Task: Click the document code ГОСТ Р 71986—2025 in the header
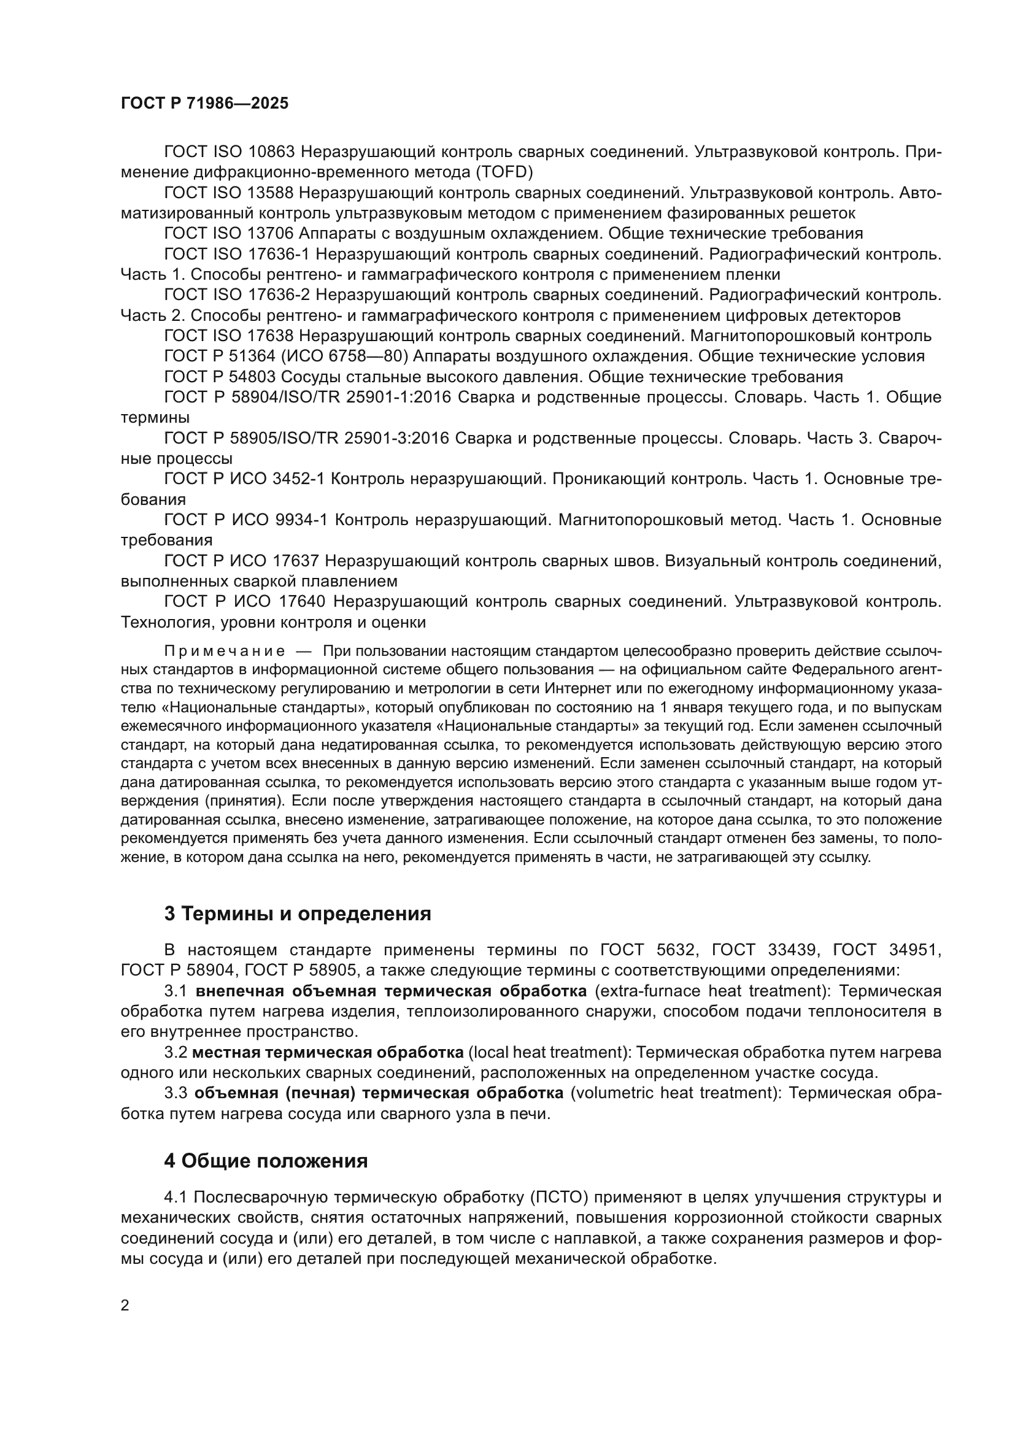(204, 104)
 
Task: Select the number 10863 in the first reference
(274, 152)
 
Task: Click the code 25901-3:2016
(396, 439)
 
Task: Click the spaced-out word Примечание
(225, 652)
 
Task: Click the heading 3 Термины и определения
(298, 914)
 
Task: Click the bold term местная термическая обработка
(328, 1053)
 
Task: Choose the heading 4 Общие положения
(266, 1161)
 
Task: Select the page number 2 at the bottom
(125, 1305)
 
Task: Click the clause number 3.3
(176, 1093)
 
